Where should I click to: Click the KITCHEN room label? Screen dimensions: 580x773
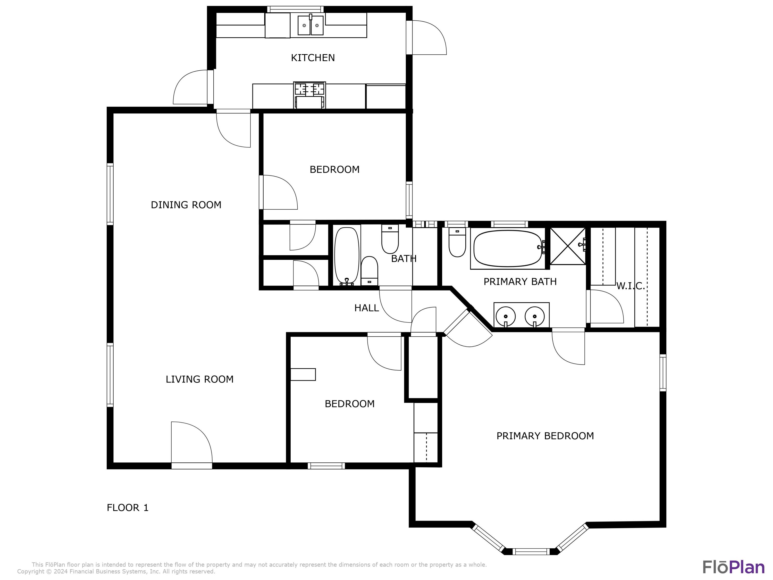click(313, 58)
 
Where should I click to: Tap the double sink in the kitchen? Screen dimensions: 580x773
click(310, 25)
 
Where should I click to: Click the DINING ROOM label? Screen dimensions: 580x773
click(186, 205)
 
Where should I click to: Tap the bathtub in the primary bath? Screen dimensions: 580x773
click(508, 248)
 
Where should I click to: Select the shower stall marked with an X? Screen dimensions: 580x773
click(568, 246)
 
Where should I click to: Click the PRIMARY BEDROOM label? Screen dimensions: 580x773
click(545, 436)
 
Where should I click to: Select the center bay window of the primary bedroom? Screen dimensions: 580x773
click(531, 552)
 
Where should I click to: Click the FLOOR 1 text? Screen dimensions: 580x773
click(128, 508)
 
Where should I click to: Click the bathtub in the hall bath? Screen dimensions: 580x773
click(347, 255)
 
